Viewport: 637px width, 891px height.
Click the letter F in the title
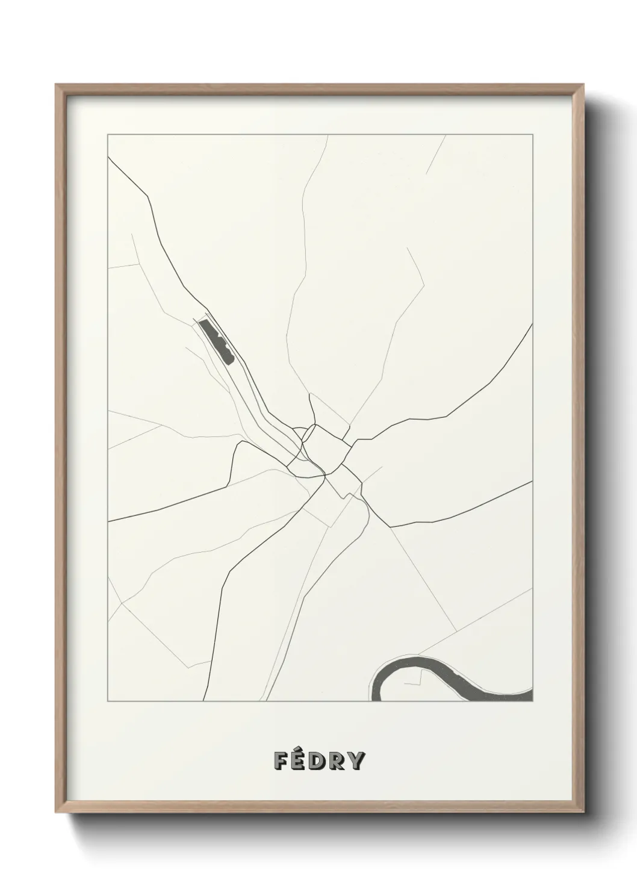pyautogui.click(x=282, y=761)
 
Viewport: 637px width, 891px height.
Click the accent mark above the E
pyautogui.click(x=301, y=750)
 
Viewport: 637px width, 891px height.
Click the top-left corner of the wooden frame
pyautogui.click(x=56, y=85)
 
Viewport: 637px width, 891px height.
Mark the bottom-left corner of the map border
pyautogui.click(x=107, y=701)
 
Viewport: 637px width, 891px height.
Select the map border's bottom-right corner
pyautogui.click(x=532, y=701)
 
